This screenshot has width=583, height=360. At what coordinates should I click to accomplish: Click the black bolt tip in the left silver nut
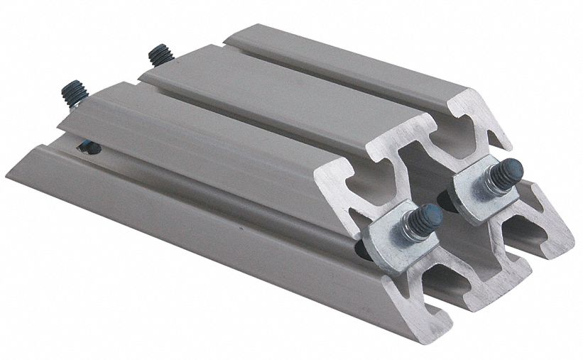428,214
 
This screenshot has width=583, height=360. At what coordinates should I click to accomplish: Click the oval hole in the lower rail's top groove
88,148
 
